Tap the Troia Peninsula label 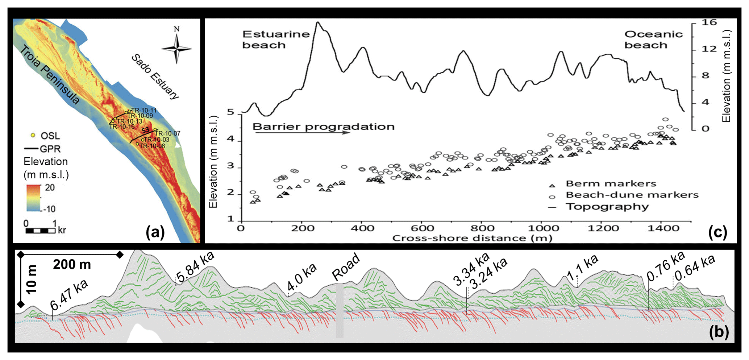pyautogui.click(x=49, y=75)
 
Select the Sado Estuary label pyautogui.click(x=155, y=76)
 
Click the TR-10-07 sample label pyautogui.click(x=167, y=133)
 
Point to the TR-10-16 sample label pyautogui.click(x=122, y=127)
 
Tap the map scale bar pyautogui.click(x=40, y=230)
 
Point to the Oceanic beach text pyautogui.click(x=653, y=40)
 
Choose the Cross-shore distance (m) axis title pyautogui.click(x=472, y=238)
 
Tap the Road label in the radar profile pyautogui.click(x=346, y=267)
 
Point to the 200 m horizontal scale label pyautogui.click(x=72, y=265)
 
